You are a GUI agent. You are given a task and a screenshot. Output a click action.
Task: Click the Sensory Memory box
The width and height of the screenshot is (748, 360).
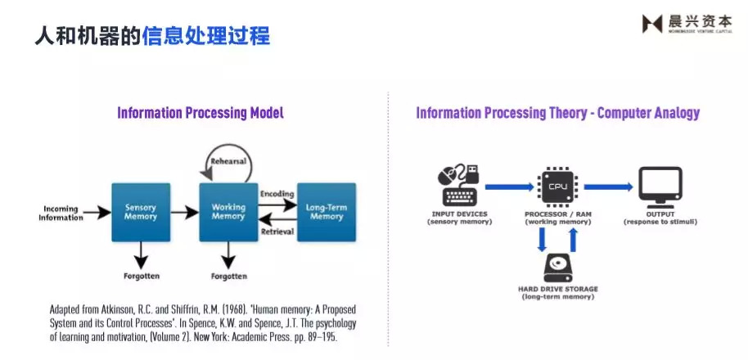141,212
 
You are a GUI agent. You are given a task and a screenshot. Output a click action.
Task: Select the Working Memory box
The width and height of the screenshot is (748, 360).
228,212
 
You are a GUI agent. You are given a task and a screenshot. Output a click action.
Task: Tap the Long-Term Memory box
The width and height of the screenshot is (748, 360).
327,212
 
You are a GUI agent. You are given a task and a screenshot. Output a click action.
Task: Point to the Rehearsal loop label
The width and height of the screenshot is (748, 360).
228,161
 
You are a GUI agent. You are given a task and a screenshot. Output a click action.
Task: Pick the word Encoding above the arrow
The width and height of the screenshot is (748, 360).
277,194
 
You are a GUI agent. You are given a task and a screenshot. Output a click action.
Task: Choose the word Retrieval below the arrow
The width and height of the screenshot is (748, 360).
277,232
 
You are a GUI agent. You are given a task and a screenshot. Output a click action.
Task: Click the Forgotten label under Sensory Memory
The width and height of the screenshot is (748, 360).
141,276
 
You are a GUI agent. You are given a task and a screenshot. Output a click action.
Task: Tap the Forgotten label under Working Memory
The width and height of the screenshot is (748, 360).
228,276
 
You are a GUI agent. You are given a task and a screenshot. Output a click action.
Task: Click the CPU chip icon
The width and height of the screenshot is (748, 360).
557,187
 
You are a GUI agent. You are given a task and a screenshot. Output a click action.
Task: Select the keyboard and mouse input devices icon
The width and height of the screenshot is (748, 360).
459,186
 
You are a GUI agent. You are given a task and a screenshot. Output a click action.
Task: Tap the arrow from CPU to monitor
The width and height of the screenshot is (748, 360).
607,187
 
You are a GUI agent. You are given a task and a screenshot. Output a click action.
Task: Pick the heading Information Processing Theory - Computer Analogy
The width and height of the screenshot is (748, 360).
557,113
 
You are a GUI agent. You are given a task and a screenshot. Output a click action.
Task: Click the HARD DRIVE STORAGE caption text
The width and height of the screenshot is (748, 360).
557,289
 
